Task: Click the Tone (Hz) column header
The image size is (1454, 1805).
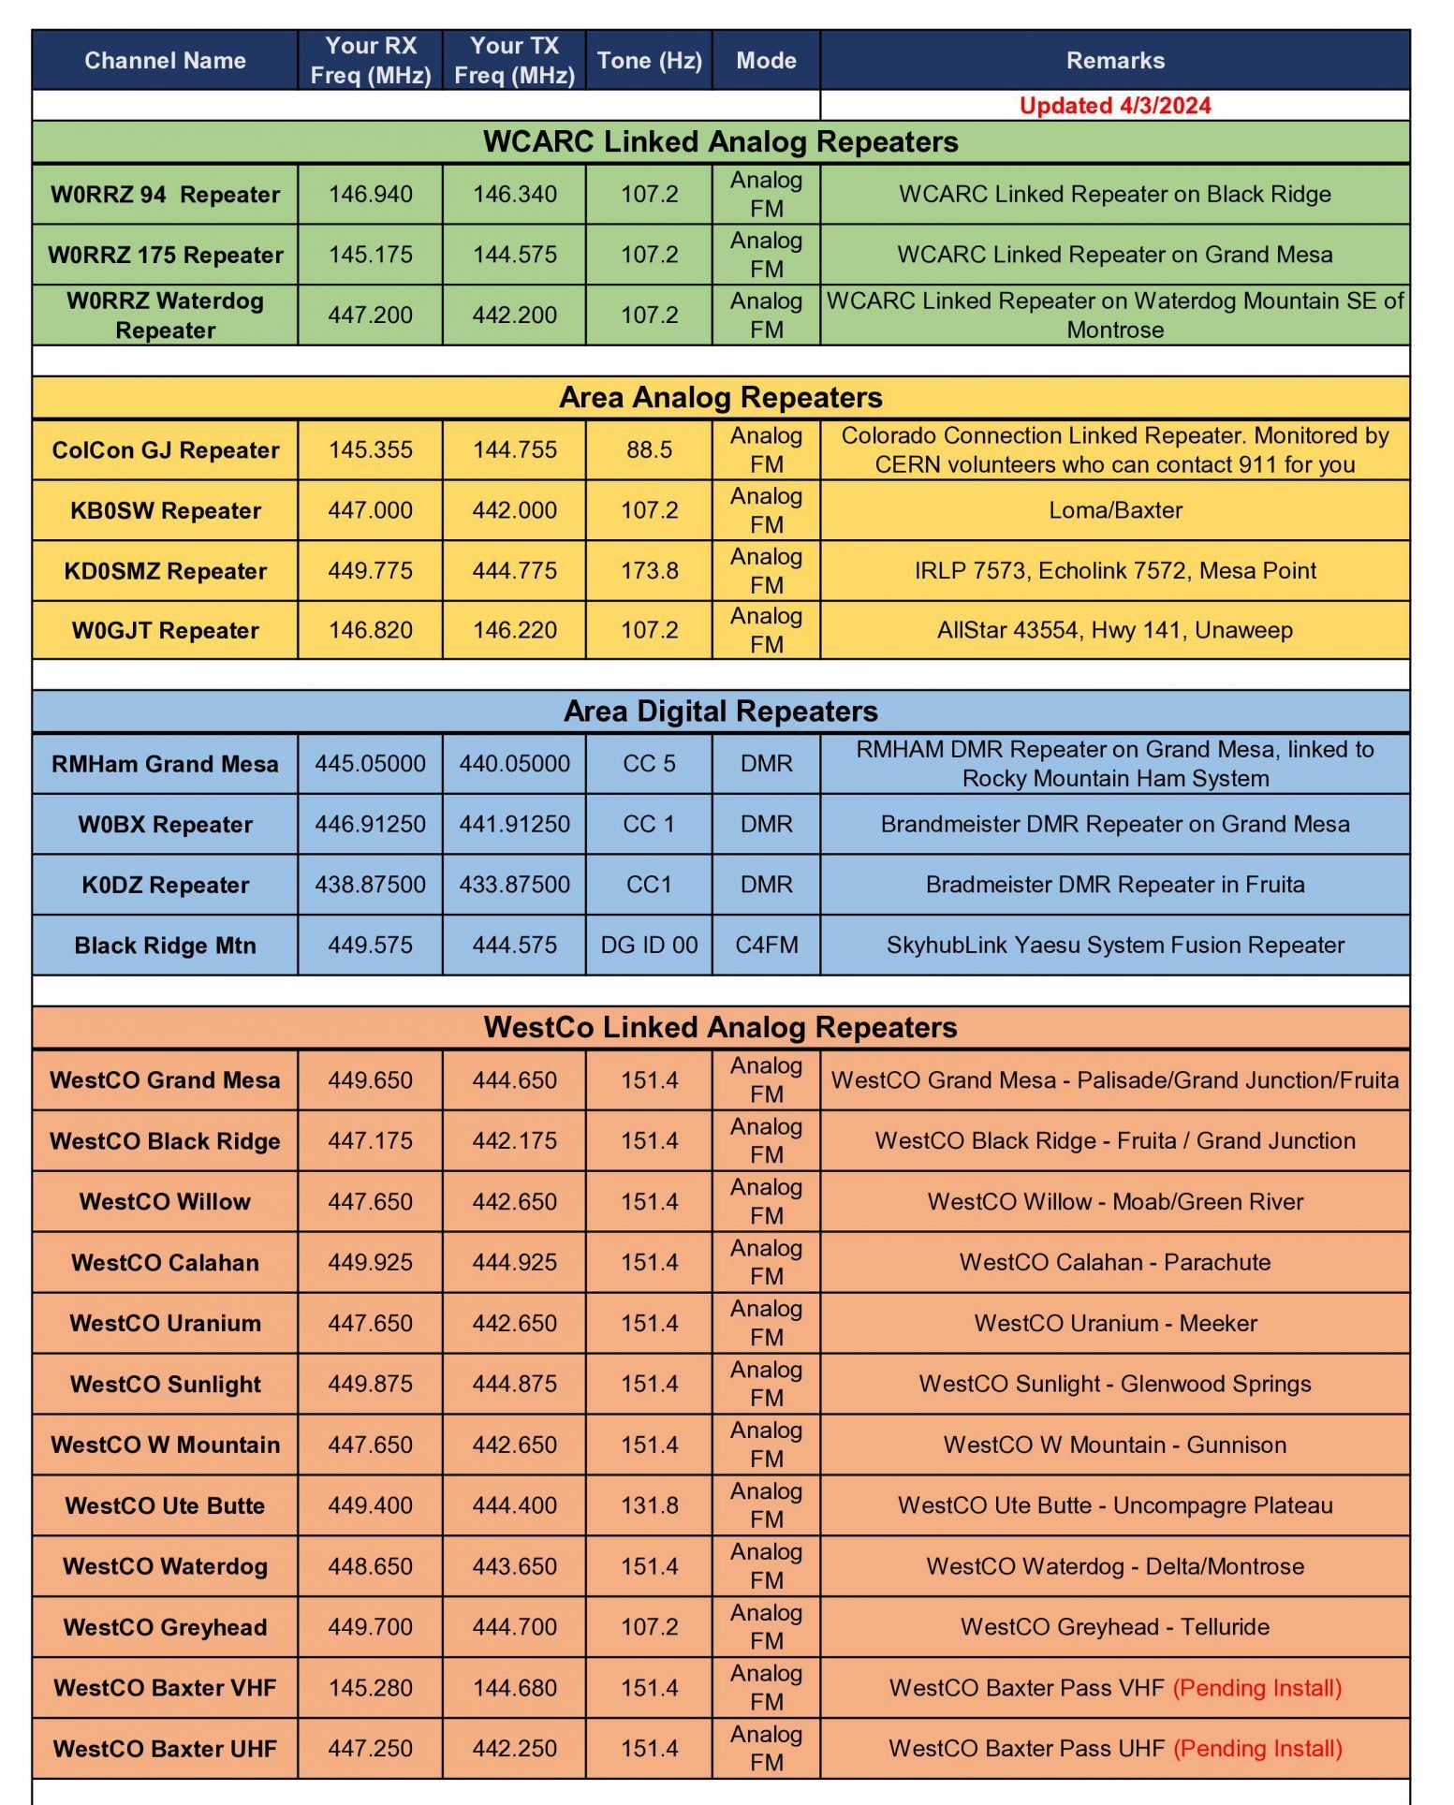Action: point(649,61)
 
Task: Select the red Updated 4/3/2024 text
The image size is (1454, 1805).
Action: point(1114,106)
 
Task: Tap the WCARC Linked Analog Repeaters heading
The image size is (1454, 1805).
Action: point(720,142)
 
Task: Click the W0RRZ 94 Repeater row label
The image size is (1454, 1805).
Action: point(165,195)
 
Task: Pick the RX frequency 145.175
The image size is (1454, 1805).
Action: point(370,255)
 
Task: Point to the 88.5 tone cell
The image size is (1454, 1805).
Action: point(649,450)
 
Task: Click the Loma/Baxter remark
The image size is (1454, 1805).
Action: point(1114,510)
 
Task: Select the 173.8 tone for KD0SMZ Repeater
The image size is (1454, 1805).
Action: point(649,571)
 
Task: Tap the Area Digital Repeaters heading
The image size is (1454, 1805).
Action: point(720,712)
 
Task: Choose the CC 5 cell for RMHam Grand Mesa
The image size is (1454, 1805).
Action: point(649,764)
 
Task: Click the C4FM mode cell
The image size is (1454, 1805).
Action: point(766,946)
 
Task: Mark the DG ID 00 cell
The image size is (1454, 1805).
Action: point(649,946)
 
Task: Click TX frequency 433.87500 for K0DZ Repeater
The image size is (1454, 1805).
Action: point(514,885)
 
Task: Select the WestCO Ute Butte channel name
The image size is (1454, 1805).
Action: point(165,1505)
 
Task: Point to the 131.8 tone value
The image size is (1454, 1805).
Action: point(649,1505)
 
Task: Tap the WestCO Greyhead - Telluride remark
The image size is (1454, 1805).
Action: point(1114,1627)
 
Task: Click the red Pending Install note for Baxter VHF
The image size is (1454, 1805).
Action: point(1256,1688)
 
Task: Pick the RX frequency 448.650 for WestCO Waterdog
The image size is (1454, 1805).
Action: point(370,1566)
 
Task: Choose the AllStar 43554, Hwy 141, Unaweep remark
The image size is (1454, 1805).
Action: point(1114,630)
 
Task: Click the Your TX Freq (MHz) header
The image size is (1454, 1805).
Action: point(514,61)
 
